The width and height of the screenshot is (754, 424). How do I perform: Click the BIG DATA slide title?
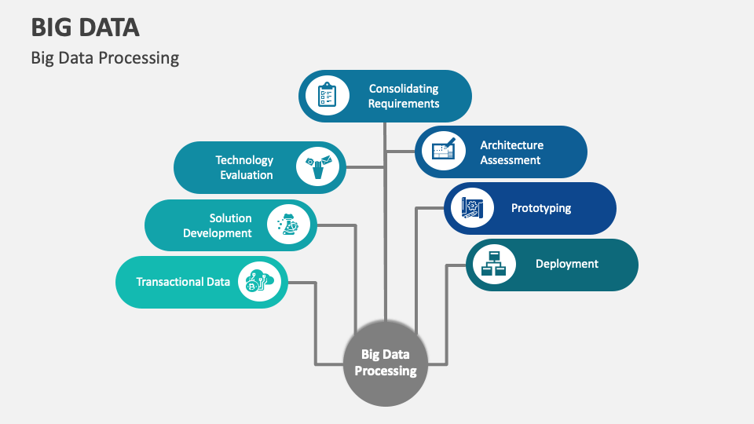(x=86, y=27)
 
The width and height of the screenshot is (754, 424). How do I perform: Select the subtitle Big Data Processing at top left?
(x=105, y=58)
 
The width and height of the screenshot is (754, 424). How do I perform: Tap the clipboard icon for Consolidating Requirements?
(x=326, y=96)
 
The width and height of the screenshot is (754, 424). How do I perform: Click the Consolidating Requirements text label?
(x=404, y=96)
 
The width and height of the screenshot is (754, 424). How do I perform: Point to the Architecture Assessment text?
(x=511, y=152)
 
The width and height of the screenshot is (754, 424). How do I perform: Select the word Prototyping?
(x=541, y=208)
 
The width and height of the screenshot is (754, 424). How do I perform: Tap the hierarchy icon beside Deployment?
(x=492, y=265)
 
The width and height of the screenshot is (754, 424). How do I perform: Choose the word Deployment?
(x=567, y=265)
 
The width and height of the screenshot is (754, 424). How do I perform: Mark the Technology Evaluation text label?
(x=245, y=167)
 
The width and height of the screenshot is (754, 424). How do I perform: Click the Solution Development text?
(x=218, y=225)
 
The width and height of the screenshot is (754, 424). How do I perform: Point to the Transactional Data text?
(x=183, y=282)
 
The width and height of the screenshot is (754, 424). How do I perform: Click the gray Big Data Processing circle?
(x=385, y=363)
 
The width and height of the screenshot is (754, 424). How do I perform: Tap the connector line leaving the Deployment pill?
(x=447, y=314)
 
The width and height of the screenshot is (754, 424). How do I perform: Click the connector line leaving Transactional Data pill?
(x=316, y=322)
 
